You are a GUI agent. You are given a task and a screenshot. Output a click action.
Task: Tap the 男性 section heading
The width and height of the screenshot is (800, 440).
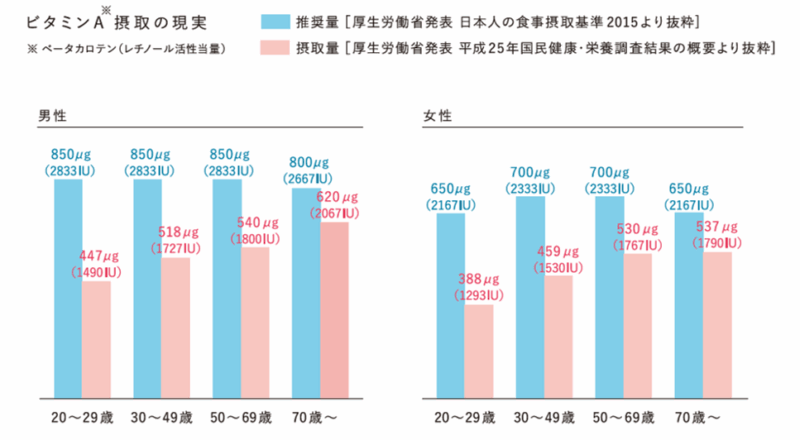[53, 116]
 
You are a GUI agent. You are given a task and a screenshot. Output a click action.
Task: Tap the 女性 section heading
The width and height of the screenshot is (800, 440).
[437, 116]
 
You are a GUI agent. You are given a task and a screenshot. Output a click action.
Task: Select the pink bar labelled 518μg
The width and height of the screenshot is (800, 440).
[175, 325]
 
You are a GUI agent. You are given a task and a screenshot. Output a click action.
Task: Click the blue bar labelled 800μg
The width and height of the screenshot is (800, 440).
[306, 290]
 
